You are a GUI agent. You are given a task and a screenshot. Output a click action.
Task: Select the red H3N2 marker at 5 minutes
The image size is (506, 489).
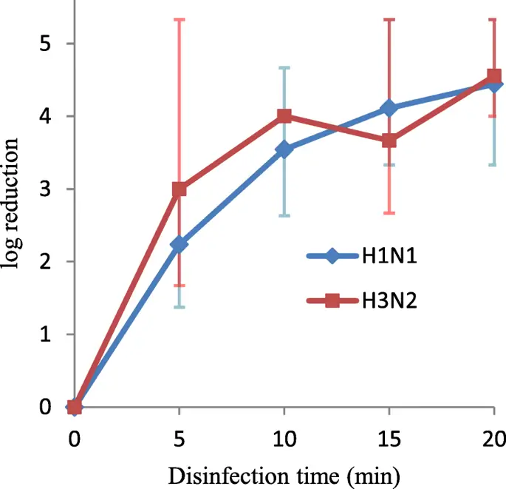pos(179,189)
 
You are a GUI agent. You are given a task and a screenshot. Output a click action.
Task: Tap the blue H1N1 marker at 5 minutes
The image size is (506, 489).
pos(179,244)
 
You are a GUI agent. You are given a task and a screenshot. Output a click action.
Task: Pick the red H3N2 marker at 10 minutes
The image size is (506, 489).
pos(284,116)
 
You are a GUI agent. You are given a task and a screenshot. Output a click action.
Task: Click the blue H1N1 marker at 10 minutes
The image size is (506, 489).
pos(284,150)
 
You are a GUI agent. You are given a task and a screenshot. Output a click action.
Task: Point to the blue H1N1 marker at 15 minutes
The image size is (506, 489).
pos(389,109)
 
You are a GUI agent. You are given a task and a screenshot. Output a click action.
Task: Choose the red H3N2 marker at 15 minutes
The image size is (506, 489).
pos(389,141)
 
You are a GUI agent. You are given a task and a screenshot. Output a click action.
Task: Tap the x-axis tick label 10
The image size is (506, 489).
pos(284,439)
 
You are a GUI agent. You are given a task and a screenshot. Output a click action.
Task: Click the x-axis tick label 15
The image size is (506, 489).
pos(389,439)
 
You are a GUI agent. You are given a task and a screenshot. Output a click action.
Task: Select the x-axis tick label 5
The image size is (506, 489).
pos(179,439)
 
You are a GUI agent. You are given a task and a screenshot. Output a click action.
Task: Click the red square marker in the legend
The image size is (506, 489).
pos(332,300)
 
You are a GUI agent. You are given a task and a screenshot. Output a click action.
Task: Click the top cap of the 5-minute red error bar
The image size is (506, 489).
pos(179,19)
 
